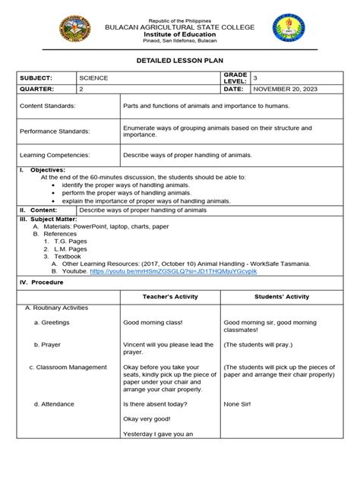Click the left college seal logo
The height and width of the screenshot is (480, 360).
pos(74,30)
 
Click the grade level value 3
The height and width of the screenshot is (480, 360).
pos(256,77)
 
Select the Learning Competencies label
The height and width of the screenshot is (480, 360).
pos(54,155)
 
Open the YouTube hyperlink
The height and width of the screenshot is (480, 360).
pos(173,270)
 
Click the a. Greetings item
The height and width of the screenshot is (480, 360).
pos(52,322)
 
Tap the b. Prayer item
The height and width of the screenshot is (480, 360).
pos(47,344)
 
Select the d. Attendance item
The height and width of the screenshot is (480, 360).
pos(55,404)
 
